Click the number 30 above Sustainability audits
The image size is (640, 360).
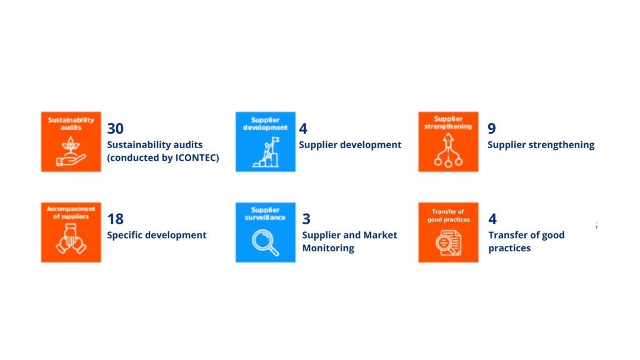tap(115, 129)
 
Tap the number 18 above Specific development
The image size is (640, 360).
tap(115, 219)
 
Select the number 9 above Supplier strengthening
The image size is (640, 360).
tap(492, 129)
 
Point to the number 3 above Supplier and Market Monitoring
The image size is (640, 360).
tap(306, 219)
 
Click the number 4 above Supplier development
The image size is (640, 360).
tap(303, 129)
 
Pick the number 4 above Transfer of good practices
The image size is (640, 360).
tap(492, 219)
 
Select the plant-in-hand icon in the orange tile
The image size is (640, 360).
tap(71, 151)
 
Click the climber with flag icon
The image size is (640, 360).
tap(266, 152)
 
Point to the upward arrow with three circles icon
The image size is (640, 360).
tap(448, 150)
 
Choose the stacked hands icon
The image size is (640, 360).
tap(71, 239)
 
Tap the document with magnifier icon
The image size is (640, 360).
tap(448, 243)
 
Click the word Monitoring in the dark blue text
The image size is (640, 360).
tap(328, 248)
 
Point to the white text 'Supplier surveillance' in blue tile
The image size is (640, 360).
tap(265, 214)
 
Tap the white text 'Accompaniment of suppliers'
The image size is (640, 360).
tap(71, 212)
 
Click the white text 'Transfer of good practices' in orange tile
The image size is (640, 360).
tap(448, 216)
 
